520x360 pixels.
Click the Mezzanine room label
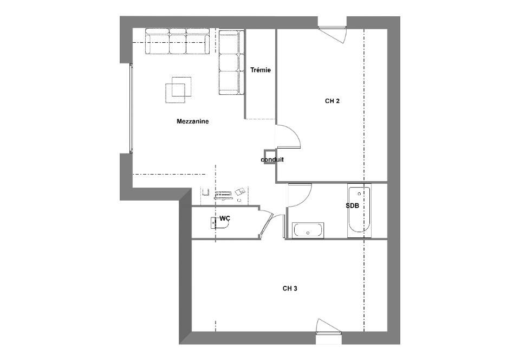193,121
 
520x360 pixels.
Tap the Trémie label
261,70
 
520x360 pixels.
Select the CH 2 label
332,101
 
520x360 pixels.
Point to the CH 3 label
290,288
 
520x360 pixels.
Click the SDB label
352,205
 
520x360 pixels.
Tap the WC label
225,218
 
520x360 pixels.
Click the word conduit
272,159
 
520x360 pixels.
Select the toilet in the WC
219,223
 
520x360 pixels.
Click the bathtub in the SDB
359,212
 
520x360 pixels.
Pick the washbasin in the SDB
308,230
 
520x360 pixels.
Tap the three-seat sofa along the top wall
178,41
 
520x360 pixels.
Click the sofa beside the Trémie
231,63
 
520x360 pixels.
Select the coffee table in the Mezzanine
178,89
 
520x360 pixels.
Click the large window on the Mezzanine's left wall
131,108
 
